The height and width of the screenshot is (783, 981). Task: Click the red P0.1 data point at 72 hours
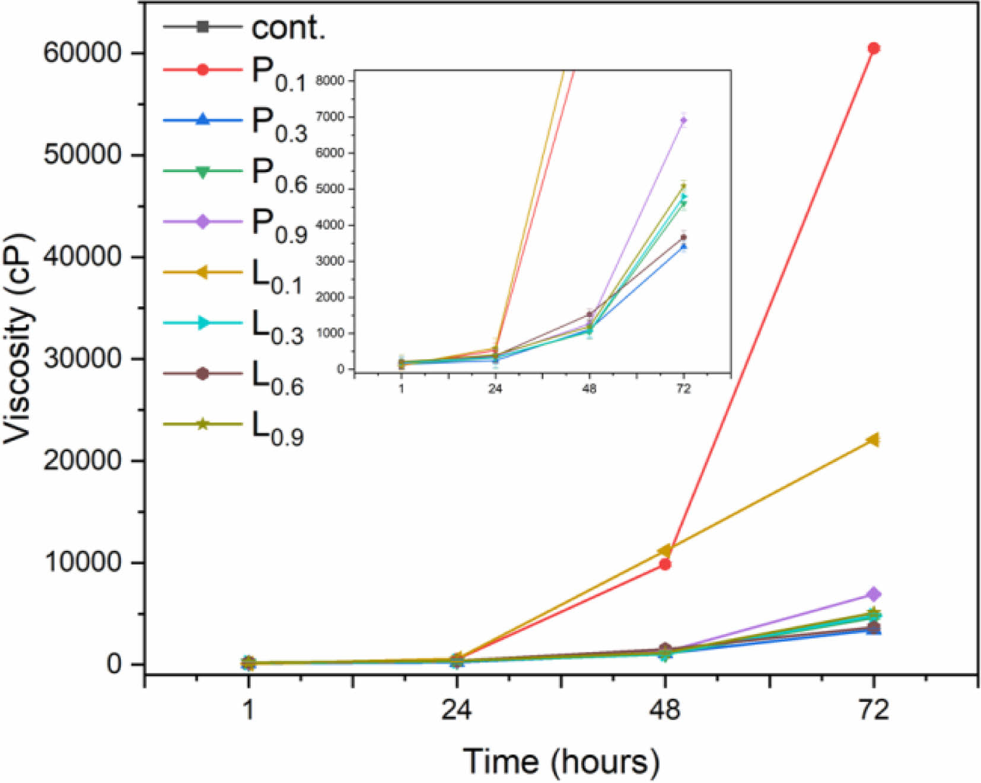point(873,48)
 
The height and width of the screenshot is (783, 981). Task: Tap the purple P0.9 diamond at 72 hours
point(873,594)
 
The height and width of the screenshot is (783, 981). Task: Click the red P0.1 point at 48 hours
point(665,564)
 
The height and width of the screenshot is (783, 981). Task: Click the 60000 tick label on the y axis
point(82,53)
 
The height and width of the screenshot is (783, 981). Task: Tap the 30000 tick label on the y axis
point(82,359)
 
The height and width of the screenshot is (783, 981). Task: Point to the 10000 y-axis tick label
point(82,562)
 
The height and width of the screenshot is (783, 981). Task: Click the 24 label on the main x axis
point(456,709)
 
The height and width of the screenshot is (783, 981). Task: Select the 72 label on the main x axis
point(873,709)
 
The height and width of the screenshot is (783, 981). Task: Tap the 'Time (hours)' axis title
point(560,762)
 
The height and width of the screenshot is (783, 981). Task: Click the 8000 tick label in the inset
point(330,81)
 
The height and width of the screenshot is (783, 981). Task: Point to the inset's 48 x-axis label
point(589,389)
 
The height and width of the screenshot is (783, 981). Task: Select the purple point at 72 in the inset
point(684,121)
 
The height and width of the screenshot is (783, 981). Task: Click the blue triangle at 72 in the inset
point(684,246)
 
